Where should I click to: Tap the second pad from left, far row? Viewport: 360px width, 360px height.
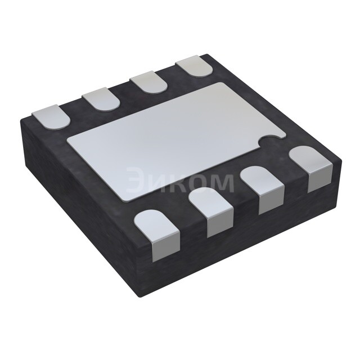coord(102,99)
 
